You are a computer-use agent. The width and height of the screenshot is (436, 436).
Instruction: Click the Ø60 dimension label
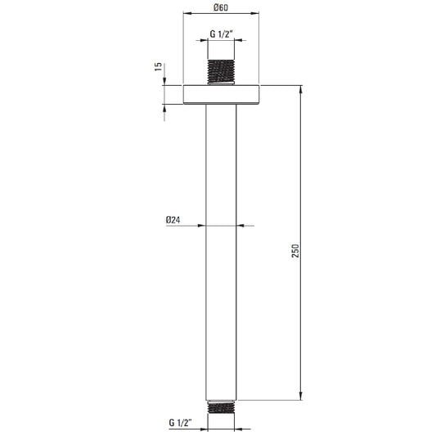point(221,7)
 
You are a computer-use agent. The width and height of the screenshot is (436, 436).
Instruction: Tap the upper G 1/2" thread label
point(222,34)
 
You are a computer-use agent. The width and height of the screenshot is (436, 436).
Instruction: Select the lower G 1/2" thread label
point(181,423)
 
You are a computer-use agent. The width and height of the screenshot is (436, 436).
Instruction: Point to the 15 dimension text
point(158,67)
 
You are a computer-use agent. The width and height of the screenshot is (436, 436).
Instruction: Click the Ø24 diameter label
point(173,220)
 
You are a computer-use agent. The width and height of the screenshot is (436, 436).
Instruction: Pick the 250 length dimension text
point(295,251)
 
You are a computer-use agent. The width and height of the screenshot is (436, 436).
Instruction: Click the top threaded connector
point(221,71)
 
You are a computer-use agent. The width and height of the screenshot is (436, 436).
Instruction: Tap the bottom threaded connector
point(222,407)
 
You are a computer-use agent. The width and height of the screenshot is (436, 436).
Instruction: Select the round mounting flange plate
point(221,95)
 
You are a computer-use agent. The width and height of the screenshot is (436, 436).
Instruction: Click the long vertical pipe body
point(221,253)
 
